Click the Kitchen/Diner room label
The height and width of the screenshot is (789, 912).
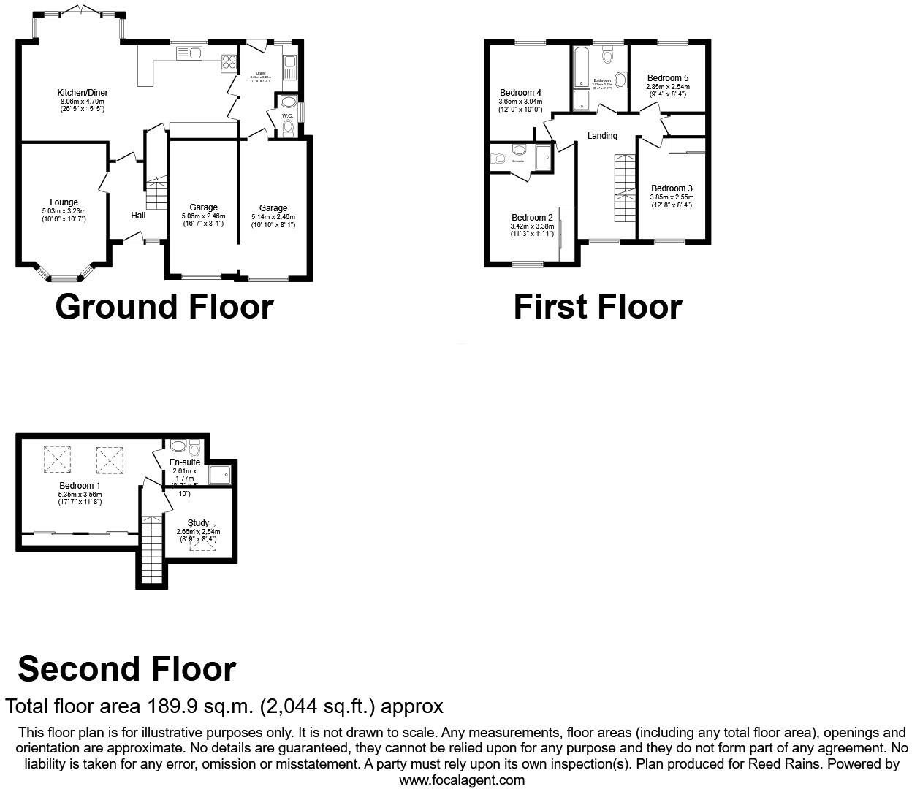coord(83,93)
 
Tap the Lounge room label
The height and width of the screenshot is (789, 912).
coord(64,202)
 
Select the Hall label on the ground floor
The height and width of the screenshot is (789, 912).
coord(138,216)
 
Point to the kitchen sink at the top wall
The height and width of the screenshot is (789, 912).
coord(189,52)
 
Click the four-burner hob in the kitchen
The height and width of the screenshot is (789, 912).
coord(228,63)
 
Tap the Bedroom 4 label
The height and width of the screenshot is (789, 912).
coord(520,93)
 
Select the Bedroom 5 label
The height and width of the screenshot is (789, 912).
coord(667,78)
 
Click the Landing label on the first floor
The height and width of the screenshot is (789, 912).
coord(602,136)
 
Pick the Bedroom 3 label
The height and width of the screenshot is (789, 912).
coord(672,188)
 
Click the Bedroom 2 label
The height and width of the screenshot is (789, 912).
coord(532,218)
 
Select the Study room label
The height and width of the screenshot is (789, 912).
coord(199,523)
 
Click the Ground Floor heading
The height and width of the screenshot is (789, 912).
coord(164,307)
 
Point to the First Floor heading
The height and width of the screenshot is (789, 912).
coord(597,307)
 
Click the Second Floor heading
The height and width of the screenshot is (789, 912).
coord(126,669)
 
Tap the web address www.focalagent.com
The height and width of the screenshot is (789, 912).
coord(462,780)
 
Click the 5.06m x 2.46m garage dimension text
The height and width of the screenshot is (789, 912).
coord(203,216)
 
